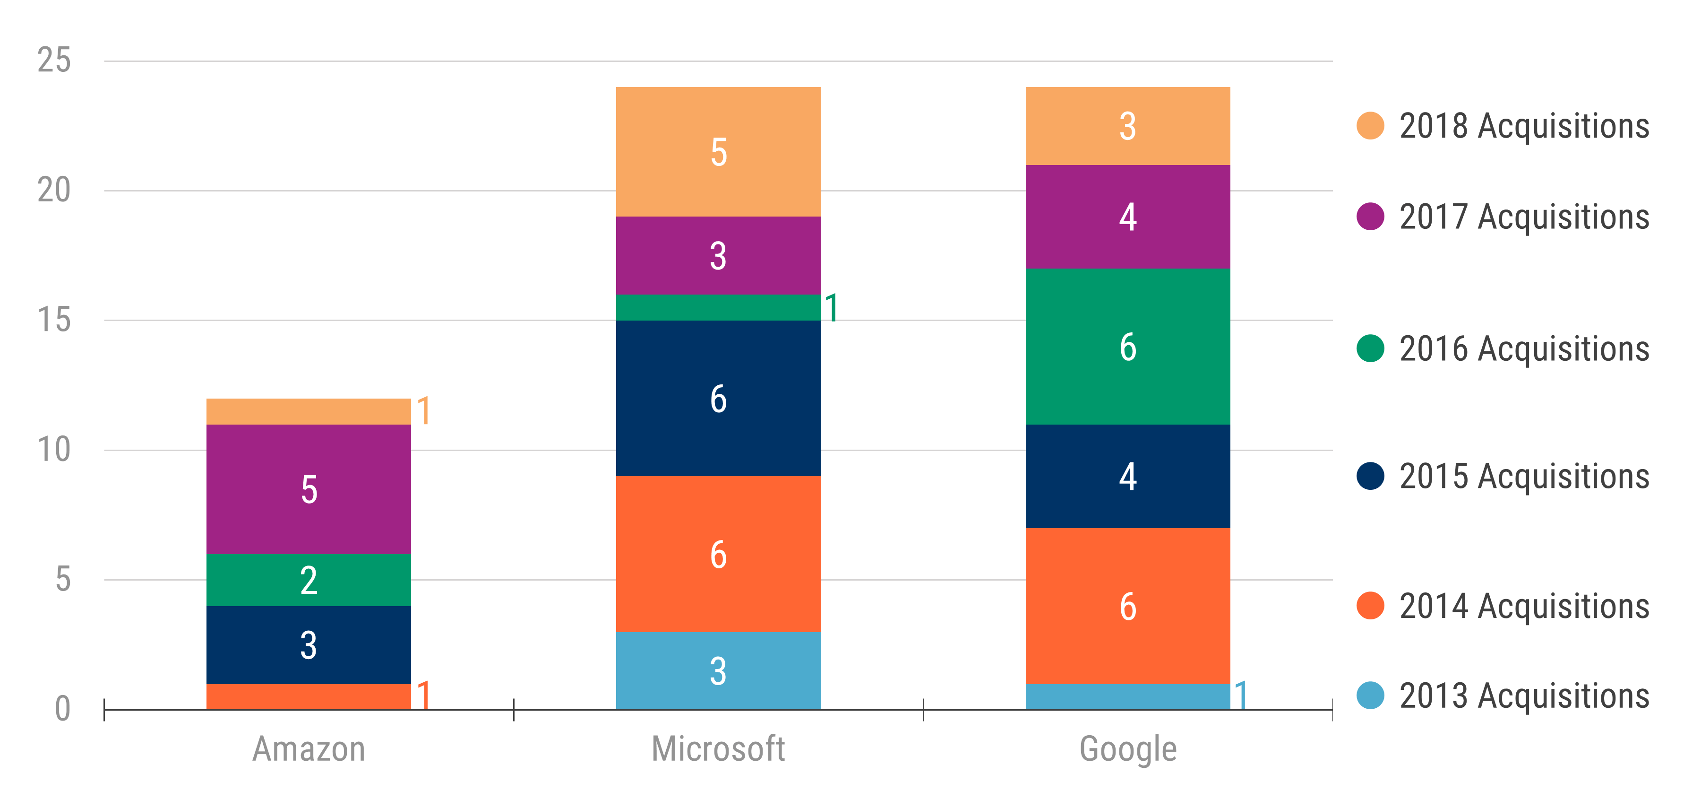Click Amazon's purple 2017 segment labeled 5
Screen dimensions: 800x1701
309,489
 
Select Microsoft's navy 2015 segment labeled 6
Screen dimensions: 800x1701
718,399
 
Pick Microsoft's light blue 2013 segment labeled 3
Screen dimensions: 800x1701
718,670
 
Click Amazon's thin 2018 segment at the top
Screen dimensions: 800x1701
309,411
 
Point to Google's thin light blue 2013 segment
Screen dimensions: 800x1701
1127,696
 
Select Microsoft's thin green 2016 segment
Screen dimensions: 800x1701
718,307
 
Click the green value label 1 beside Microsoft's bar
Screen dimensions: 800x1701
831,308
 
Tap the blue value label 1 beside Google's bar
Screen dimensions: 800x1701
1241,695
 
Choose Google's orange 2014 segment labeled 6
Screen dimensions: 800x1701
1127,606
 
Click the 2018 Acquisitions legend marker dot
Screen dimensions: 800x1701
1370,125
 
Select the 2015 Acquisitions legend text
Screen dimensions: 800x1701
1524,476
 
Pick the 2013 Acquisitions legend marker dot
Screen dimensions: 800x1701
1370,696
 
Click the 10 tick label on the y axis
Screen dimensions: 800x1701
54,450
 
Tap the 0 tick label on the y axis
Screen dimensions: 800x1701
63,709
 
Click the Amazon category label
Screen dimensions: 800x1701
309,749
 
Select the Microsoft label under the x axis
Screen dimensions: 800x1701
718,749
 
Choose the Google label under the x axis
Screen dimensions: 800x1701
1127,749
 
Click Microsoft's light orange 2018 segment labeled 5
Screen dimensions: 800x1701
718,152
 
